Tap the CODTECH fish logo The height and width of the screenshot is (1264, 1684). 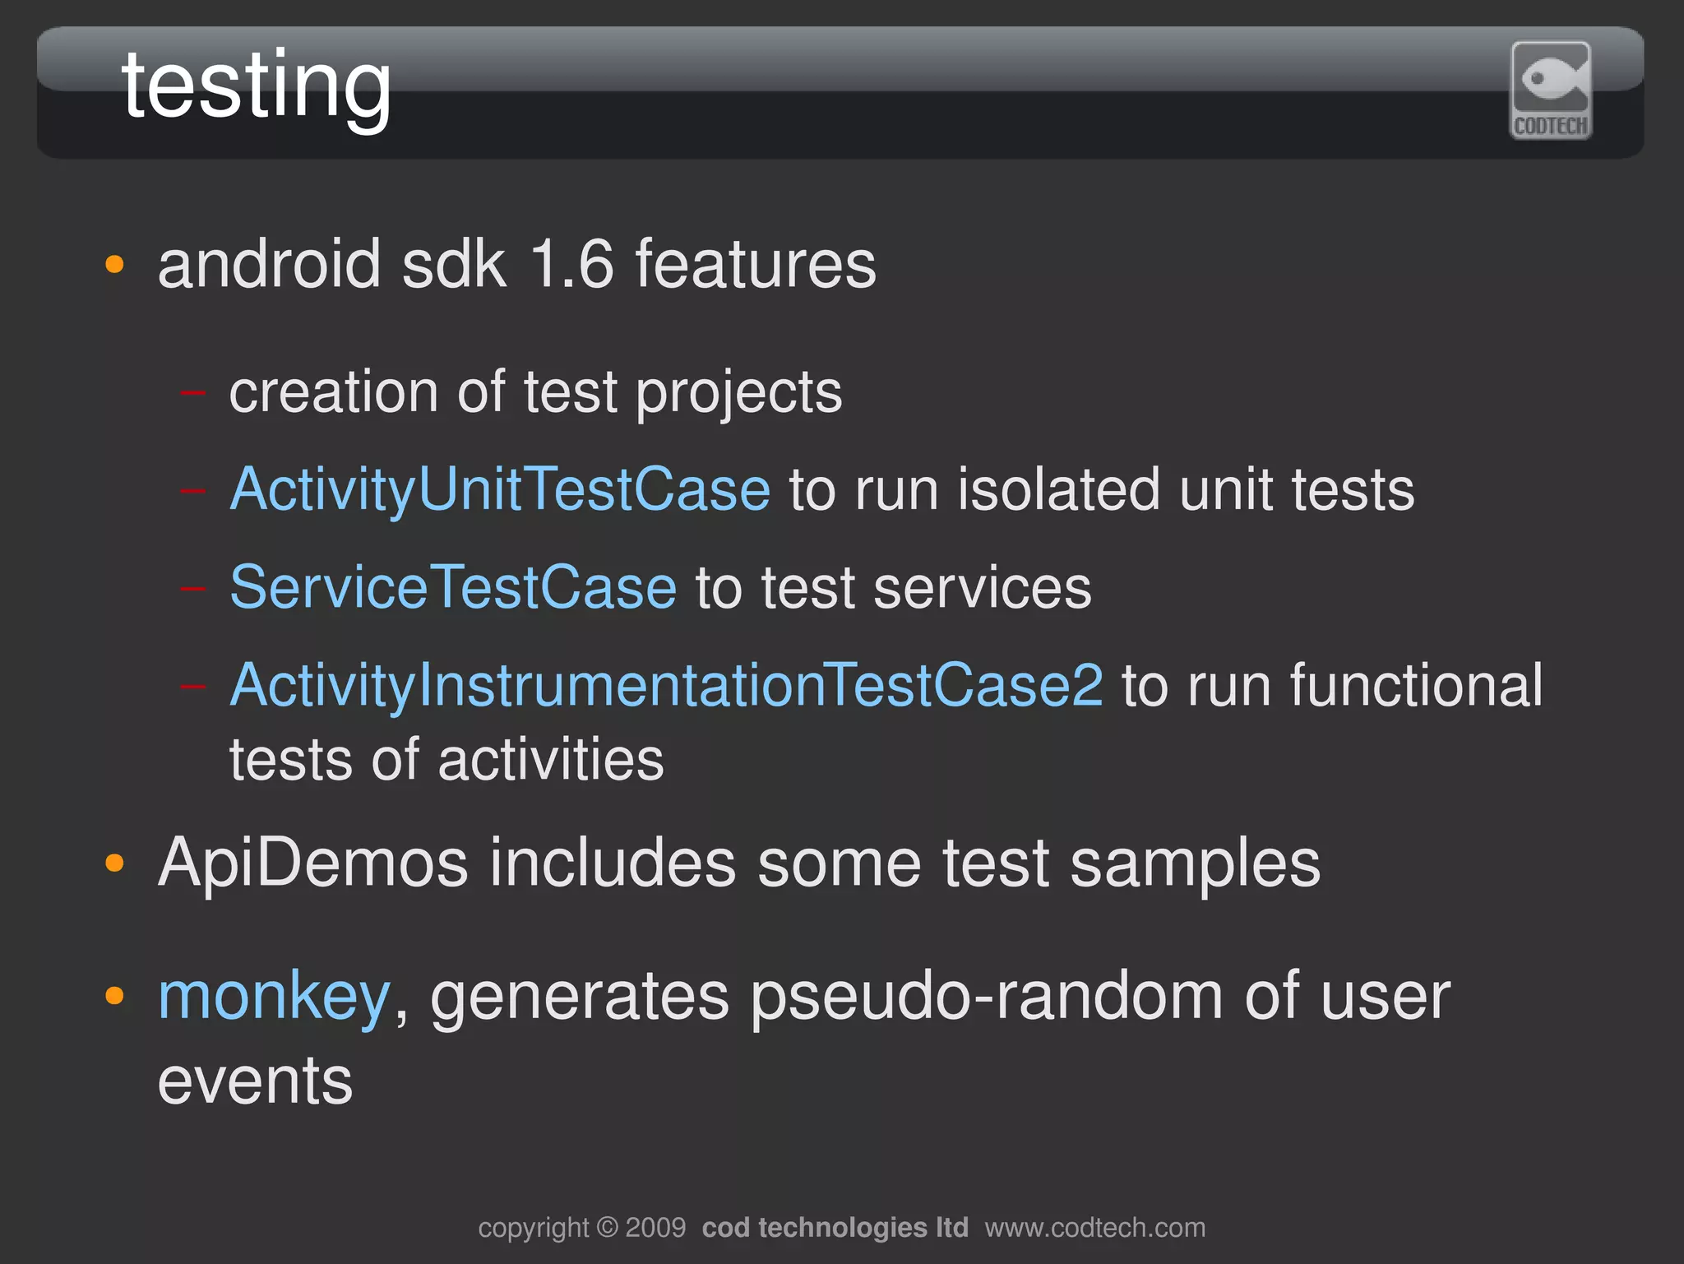[1551, 90]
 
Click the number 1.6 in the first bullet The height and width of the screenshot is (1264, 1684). [572, 265]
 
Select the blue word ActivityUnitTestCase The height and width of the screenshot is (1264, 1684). [500, 490]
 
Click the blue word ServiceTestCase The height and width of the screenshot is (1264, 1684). [453, 588]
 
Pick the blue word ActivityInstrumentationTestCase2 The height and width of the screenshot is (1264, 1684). [666, 686]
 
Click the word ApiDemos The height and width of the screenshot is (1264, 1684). [312, 864]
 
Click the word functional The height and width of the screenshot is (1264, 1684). [1416, 686]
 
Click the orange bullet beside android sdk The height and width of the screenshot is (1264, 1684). [115, 266]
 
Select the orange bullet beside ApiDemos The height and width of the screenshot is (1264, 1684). [115, 864]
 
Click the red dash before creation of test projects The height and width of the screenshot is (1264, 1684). [193, 394]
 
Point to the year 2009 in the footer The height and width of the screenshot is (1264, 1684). [655, 1228]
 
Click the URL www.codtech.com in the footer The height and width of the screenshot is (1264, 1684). [1094, 1228]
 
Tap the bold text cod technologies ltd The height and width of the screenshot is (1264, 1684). [835, 1228]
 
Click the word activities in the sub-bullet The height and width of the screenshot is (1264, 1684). [550, 760]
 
